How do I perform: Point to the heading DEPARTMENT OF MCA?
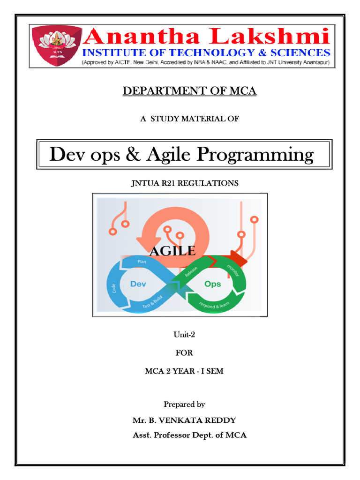click(x=189, y=91)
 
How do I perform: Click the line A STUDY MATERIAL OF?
click(x=189, y=119)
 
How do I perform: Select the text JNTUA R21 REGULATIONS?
click(x=184, y=183)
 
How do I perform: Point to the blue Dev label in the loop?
click(x=138, y=284)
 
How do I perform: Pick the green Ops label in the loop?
click(x=213, y=284)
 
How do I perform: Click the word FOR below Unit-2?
click(x=184, y=352)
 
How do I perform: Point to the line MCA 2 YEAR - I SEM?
click(x=184, y=371)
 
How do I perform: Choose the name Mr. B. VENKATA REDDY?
click(x=184, y=420)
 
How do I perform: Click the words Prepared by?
click(x=184, y=404)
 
